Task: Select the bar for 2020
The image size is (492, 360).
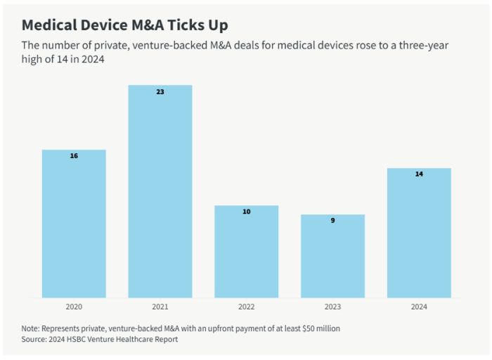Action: click(74, 225)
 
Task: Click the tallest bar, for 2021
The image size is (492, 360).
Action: click(160, 193)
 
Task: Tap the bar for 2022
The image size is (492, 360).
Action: click(247, 253)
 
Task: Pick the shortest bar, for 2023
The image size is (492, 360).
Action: click(333, 257)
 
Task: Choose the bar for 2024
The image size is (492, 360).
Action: click(419, 234)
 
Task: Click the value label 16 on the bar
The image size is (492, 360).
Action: click(74, 155)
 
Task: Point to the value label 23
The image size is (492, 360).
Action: click(160, 91)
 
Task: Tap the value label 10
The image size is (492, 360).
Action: click(247, 211)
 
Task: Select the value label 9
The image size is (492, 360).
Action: click(333, 220)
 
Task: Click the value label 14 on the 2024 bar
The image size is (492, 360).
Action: click(419, 174)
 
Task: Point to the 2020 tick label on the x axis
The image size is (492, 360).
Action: click(74, 307)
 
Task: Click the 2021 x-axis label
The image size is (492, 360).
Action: click(160, 307)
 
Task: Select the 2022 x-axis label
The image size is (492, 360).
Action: click(247, 307)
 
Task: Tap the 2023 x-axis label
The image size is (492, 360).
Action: click(333, 307)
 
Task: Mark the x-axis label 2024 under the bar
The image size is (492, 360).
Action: click(419, 307)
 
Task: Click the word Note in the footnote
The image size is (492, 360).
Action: click(31, 328)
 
